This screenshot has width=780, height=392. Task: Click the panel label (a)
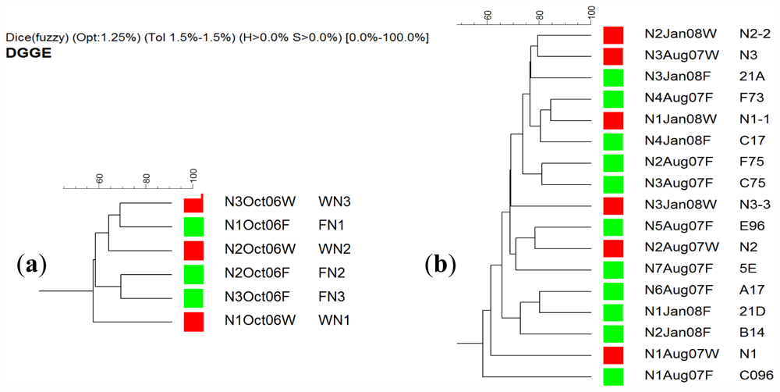click(x=32, y=265)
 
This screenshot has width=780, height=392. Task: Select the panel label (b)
click(x=441, y=265)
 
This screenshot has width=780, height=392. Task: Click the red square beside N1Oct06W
click(x=193, y=321)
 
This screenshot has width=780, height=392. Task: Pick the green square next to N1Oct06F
click(x=193, y=226)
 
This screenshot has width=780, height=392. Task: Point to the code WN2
click(x=335, y=250)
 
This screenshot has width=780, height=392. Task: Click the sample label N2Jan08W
click(x=680, y=34)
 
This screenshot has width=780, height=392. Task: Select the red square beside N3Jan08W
click(x=614, y=205)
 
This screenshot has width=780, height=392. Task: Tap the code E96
click(x=752, y=226)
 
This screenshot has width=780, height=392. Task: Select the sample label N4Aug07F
click(x=679, y=98)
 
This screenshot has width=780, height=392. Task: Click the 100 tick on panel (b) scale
click(x=590, y=13)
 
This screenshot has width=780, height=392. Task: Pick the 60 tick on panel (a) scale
click(x=99, y=178)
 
